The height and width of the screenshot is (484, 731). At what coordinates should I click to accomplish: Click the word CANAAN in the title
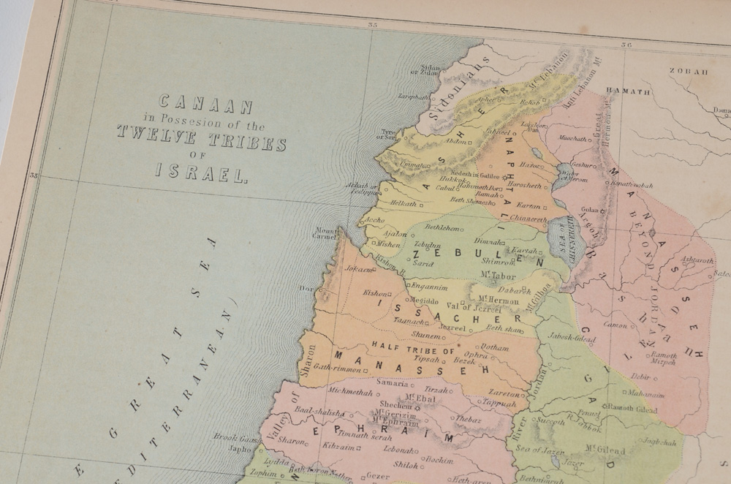(x=205, y=105)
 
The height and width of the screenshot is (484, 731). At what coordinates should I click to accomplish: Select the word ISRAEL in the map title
(x=202, y=173)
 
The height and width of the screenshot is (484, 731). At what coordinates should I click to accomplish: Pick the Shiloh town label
(x=406, y=464)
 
